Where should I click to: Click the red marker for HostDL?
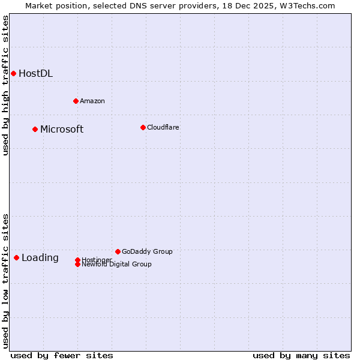tap(13, 73)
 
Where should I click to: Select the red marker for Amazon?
tap(76, 101)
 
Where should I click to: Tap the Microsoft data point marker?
tap(35, 129)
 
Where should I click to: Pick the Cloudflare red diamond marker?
tap(143, 127)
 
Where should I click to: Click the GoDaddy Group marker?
tap(118, 251)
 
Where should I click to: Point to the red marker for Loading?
tap(16, 257)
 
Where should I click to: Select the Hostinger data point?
tap(77, 260)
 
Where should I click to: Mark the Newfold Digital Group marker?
tap(77, 264)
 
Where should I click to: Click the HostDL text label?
tap(35, 74)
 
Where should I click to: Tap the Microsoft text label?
tap(62, 130)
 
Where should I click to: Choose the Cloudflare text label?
tap(163, 127)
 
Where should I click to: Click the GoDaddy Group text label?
tap(147, 251)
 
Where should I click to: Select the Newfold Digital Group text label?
tap(116, 265)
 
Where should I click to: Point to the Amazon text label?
tap(92, 101)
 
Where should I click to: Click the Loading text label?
tap(40, 258)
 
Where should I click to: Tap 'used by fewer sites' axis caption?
tap(62, 355)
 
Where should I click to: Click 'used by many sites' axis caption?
tap(301, 355)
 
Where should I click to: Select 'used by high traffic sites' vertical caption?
tap(5, 85)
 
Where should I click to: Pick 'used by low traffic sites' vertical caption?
tap(5, 280)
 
